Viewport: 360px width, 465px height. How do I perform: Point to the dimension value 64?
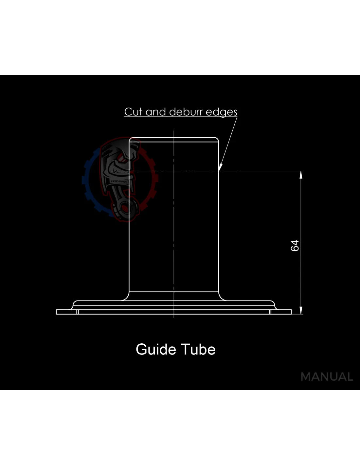295,246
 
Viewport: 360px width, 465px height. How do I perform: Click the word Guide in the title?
156,350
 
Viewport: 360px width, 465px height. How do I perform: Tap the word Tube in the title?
198,350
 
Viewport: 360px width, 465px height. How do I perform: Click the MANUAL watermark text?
327,377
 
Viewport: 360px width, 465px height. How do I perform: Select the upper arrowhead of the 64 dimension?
301,175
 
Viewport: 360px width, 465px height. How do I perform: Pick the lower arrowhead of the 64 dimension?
301,310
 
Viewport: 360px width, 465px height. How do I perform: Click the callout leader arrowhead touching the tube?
220,167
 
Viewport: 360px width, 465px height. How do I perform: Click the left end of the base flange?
56,312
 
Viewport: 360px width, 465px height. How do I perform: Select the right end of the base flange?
291,312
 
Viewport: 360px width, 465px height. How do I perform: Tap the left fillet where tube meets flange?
126,298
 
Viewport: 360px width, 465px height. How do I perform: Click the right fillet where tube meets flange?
222,298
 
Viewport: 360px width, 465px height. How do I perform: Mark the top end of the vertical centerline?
174,130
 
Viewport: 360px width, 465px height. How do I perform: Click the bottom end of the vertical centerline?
174,318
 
